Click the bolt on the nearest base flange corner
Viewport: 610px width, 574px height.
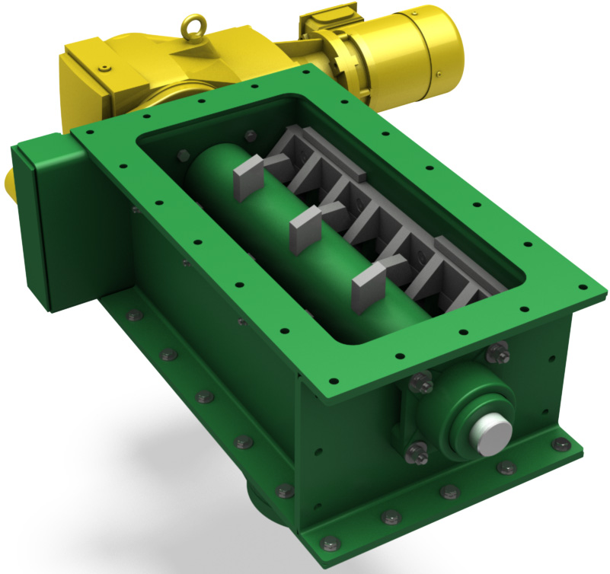coord(331,544)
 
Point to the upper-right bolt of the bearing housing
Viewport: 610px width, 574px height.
coord(498,352)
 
